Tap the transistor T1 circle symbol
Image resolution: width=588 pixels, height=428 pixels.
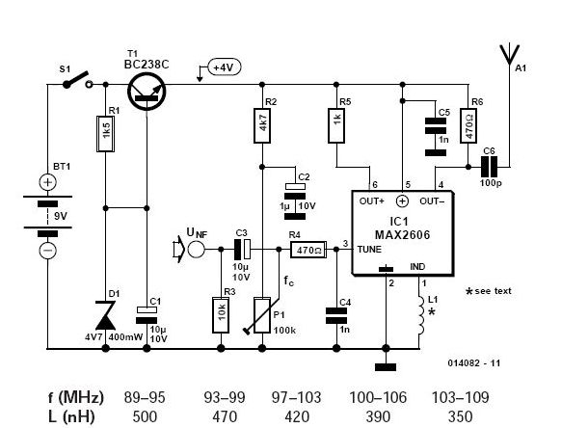145,85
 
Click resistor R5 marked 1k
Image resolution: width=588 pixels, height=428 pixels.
337,123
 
